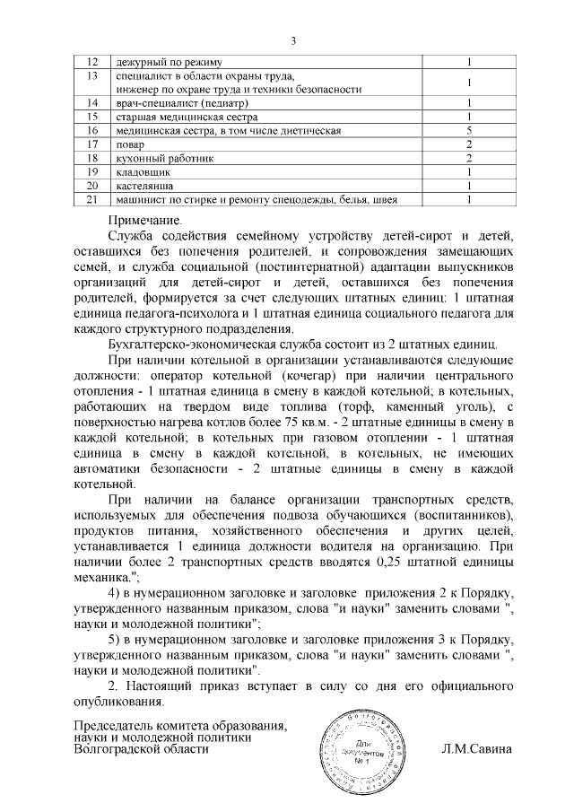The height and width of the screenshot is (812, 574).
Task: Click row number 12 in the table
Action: (91, 62)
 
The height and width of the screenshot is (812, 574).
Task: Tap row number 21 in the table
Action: (91, 198)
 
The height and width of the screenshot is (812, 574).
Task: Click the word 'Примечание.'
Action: (144, 219)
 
